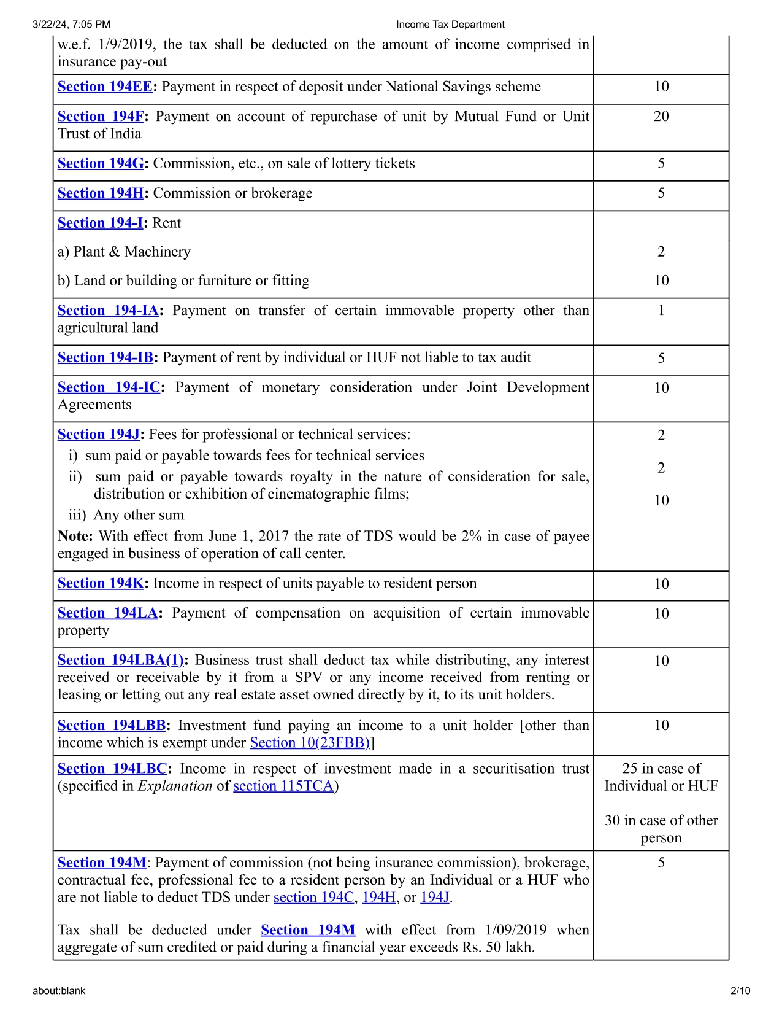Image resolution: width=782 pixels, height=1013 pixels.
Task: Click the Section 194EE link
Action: [x=105, y=87]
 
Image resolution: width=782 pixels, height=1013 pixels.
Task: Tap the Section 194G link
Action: [x=101, y=163]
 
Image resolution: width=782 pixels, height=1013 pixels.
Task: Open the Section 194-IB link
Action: [x=105, y=357]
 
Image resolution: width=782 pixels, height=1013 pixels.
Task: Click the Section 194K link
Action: [x=101, y=583]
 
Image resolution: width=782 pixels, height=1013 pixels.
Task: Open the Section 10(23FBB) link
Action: [x=310, y=743]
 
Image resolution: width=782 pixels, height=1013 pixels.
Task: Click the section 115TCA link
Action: [x=283, y=786]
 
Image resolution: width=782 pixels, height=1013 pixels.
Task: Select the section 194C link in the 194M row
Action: [x=313, y=897]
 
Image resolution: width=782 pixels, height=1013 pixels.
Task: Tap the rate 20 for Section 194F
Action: [x=661, y=116]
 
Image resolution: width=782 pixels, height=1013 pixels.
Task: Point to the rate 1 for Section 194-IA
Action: [x=661, y=310]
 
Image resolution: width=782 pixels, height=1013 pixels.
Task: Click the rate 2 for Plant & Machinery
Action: [x=661, y=252]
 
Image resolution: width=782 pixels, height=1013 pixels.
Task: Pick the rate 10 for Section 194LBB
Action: [x=661, y=725]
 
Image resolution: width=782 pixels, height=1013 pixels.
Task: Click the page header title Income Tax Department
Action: [x=450, y=25]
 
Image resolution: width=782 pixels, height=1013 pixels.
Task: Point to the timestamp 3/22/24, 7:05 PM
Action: [x=71, y=25]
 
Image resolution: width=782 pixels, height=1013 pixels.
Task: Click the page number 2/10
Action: [x=740, y=990]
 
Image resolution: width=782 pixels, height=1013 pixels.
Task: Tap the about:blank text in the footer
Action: [x=59, y=990]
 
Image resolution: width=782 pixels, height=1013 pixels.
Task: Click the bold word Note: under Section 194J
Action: [x=75, y=536]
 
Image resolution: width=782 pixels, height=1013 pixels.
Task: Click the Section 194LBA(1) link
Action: [x=121, y=660]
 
